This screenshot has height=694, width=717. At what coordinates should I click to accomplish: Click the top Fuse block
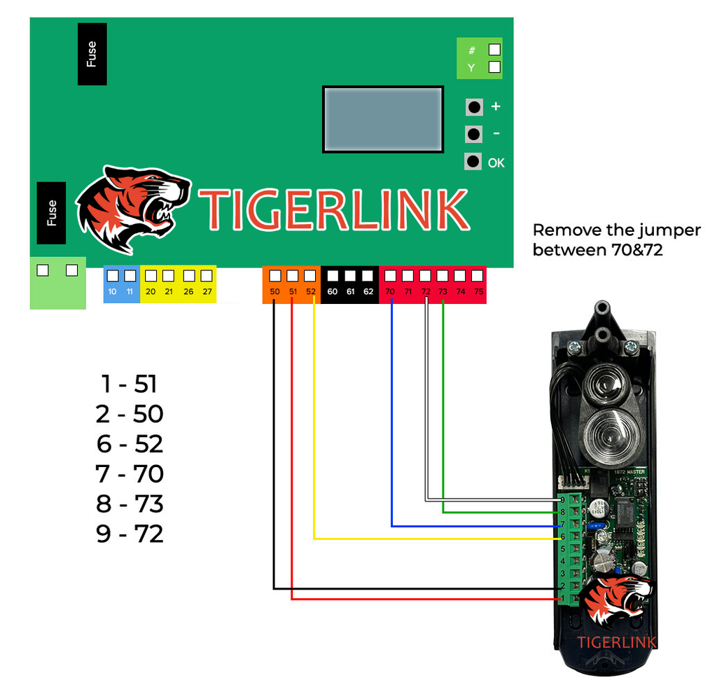(92, 54)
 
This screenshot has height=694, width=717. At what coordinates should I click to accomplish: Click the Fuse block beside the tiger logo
(51, 213)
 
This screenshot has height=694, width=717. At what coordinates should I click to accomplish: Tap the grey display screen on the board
(382, 118)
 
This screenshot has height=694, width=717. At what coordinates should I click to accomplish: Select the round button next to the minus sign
(474, 134)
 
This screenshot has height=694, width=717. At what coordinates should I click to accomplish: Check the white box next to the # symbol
(494, 49)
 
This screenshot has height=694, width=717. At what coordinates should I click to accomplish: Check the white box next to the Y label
(494, 67)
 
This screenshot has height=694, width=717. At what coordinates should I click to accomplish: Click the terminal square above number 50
(274, 275)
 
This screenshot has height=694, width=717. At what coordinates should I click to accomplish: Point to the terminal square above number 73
(443, 275)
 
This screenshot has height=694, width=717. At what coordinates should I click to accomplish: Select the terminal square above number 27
(207, 275)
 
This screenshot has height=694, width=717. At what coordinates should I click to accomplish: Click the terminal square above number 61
(350, 275)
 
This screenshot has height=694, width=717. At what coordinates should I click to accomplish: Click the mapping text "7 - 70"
(130, 474)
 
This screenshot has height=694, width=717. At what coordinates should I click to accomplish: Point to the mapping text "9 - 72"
(130, 534)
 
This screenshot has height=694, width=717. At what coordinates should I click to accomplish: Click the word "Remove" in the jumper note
(565, 230)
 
